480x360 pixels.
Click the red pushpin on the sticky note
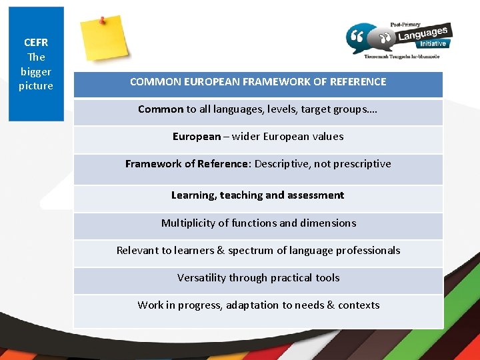pos(103,21)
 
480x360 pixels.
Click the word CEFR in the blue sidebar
pos(36,42)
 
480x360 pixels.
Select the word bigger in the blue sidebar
pos(36,71)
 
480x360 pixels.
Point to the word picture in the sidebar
pos(36,86)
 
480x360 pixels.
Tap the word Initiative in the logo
pos(433,45)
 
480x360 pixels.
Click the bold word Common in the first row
pos(160,109)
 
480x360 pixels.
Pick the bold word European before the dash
pos(196,137)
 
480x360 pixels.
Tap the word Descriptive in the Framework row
pos(283,164)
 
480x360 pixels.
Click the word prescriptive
pos(361,164)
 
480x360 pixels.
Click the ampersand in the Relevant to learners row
pos(221,251)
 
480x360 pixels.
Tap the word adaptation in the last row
pos(252,305)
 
